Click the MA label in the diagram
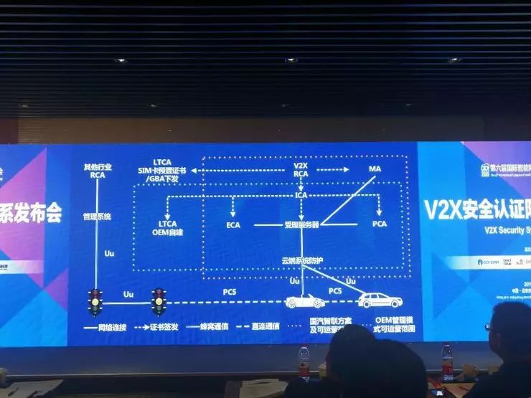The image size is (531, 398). (x=374, y=169)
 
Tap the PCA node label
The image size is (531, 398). (x=379, y=224)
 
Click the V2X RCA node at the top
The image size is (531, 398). (x=301, y=169)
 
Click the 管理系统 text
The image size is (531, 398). (x=97, y=216)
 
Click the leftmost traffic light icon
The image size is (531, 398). (x=95, y=301)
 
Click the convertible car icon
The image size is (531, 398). (x=302, y=300)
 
